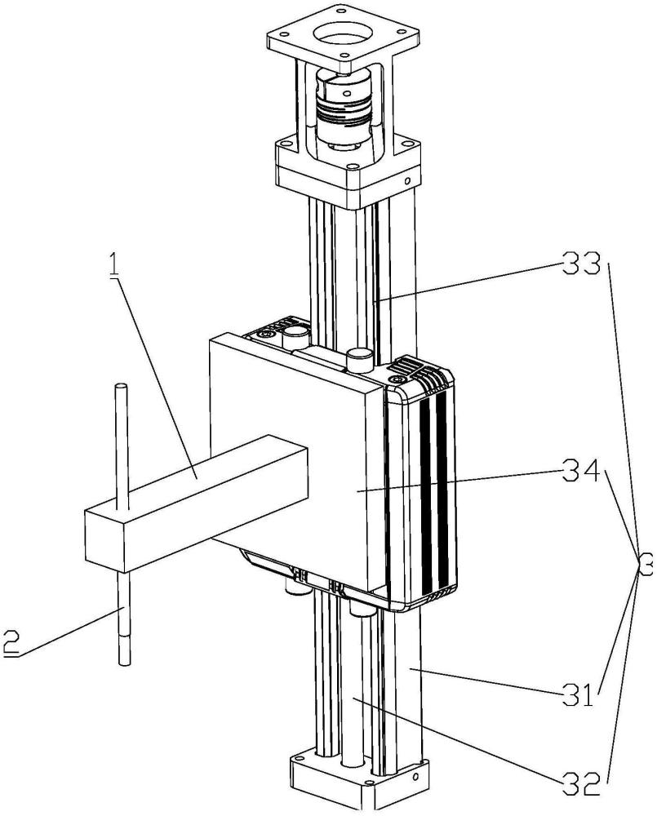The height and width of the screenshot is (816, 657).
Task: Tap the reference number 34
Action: point(581,473)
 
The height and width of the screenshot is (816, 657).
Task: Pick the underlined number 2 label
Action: point(10,642)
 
